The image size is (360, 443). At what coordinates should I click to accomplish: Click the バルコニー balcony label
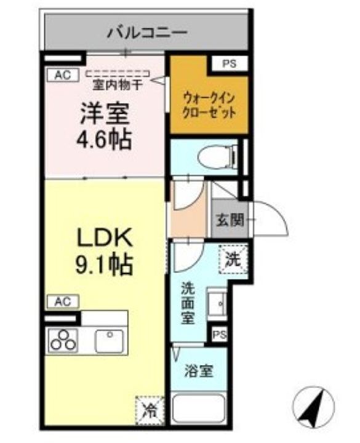pos(147,32)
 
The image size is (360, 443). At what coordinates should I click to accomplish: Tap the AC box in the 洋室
pos(62,75)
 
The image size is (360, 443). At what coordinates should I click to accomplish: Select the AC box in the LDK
pos(62,301)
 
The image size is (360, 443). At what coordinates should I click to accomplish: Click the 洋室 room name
pos(103,114)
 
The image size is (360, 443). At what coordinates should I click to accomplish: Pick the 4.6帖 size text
pos(103,140)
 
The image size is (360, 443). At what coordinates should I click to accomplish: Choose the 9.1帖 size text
pos(103,265)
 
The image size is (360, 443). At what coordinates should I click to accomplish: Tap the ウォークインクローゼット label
pos(210,104)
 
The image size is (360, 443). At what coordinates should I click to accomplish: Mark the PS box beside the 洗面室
pos(220,335)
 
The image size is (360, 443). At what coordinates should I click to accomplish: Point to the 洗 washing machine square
pos(233,260)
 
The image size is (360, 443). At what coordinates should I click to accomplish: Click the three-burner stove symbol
pos(62,340)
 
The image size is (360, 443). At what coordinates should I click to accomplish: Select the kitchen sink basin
pos(108,339)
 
